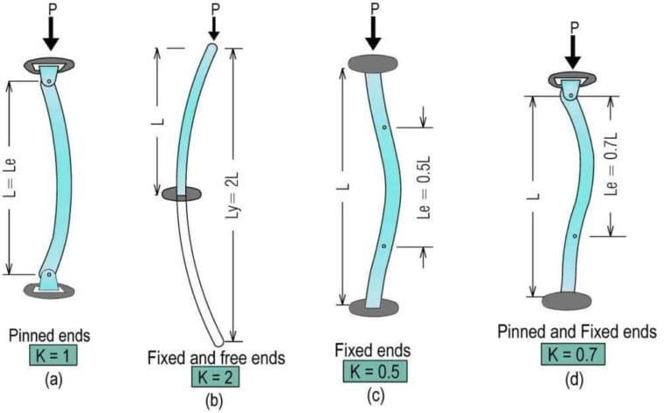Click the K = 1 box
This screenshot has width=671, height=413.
[53, 354]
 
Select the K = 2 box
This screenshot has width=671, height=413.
[215, 376]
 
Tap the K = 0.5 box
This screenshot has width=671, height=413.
[375, 371]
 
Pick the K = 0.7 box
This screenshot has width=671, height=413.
[573, 354]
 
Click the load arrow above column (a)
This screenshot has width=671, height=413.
[52, 34]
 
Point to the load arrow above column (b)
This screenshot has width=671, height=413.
[214, 28]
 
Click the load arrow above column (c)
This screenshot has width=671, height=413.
[374, 33]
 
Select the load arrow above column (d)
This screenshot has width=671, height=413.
[573, 52]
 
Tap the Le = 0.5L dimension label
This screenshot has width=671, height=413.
[424, 188]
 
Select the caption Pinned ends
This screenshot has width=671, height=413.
[50, 335]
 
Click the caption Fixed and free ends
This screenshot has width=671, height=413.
[216, 358]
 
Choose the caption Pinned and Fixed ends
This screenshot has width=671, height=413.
[577, 332]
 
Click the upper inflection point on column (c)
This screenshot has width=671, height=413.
[384, 127]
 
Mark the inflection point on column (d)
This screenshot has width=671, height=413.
[575, 236]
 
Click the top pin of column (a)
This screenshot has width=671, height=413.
[49, 81]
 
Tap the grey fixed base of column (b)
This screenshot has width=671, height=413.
[182, 194]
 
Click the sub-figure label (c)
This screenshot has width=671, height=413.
[376, 396]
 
